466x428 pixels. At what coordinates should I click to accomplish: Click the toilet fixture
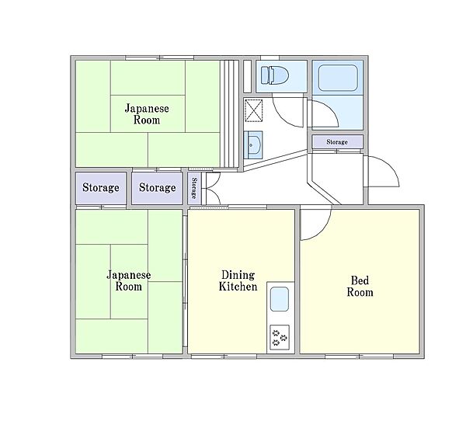275,75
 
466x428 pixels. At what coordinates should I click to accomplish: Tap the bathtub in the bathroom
338,78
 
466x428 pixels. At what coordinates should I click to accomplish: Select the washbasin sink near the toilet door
253,145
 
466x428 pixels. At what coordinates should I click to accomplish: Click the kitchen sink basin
279,299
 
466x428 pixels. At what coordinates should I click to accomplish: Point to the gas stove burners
280,337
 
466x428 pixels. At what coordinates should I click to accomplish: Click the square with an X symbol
253,110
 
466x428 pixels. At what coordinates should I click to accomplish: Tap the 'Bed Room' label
360,286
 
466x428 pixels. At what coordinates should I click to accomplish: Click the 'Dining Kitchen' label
238,280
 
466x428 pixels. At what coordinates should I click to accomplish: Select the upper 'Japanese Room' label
147,114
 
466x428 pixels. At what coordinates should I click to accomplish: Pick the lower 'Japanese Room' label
129,280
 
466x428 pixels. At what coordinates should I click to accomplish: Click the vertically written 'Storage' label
193,188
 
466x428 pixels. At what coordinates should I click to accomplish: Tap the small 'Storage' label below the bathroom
337,142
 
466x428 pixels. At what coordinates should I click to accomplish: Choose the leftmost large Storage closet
101,188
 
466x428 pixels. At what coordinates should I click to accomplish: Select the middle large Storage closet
157,188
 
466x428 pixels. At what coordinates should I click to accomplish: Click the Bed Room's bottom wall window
360,356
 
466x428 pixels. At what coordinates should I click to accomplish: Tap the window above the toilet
270,57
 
